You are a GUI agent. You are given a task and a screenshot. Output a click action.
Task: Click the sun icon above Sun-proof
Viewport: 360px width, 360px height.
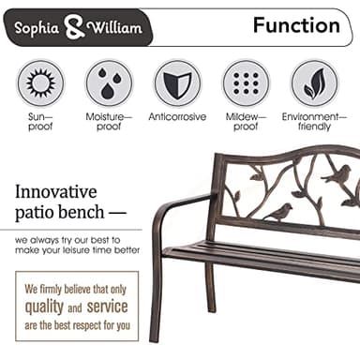click(40, 83)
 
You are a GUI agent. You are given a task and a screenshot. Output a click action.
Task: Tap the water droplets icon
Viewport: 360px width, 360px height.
click(109, 83)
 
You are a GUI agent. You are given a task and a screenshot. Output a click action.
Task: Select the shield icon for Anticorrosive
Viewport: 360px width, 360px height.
click(177, 83)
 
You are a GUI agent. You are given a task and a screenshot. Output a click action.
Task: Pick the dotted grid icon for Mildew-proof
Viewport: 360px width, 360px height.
click(246, 83)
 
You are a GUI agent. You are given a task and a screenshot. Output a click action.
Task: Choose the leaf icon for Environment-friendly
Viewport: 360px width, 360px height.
click(314, 83)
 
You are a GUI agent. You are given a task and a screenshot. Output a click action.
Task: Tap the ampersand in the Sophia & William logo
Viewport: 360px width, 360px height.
click(75, 29)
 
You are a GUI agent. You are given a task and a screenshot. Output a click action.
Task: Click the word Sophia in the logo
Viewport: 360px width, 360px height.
click(38, 29)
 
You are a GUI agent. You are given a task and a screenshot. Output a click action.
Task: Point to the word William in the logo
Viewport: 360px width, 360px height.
click(113, 29)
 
